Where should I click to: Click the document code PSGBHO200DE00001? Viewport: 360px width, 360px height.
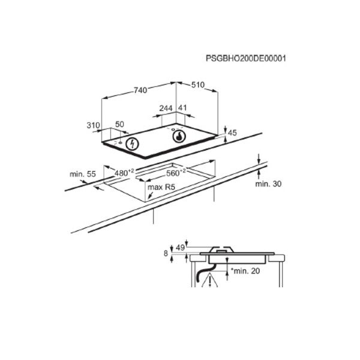click(x=245, y=59)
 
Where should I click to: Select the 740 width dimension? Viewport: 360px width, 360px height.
click(x=140, y=90)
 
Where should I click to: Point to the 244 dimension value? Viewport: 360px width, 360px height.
click(x=166, y=109)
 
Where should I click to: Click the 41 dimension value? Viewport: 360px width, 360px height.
click(x=183, y=109)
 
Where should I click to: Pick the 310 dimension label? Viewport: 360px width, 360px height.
click(x=92, y=125)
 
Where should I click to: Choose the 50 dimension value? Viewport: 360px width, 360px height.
click(x=119, y=124)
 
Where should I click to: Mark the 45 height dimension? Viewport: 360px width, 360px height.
click(x=233, y=133)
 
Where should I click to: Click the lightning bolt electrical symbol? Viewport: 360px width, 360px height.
click(x=133, y=143)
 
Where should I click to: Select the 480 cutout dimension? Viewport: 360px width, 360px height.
click(x=124, y=173)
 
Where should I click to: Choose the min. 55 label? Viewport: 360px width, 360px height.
click(x=83, y=174)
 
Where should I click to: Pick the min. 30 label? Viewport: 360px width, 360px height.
click(x=268, y=184)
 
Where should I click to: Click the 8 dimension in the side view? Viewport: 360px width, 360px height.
click(x=166, y=254)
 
